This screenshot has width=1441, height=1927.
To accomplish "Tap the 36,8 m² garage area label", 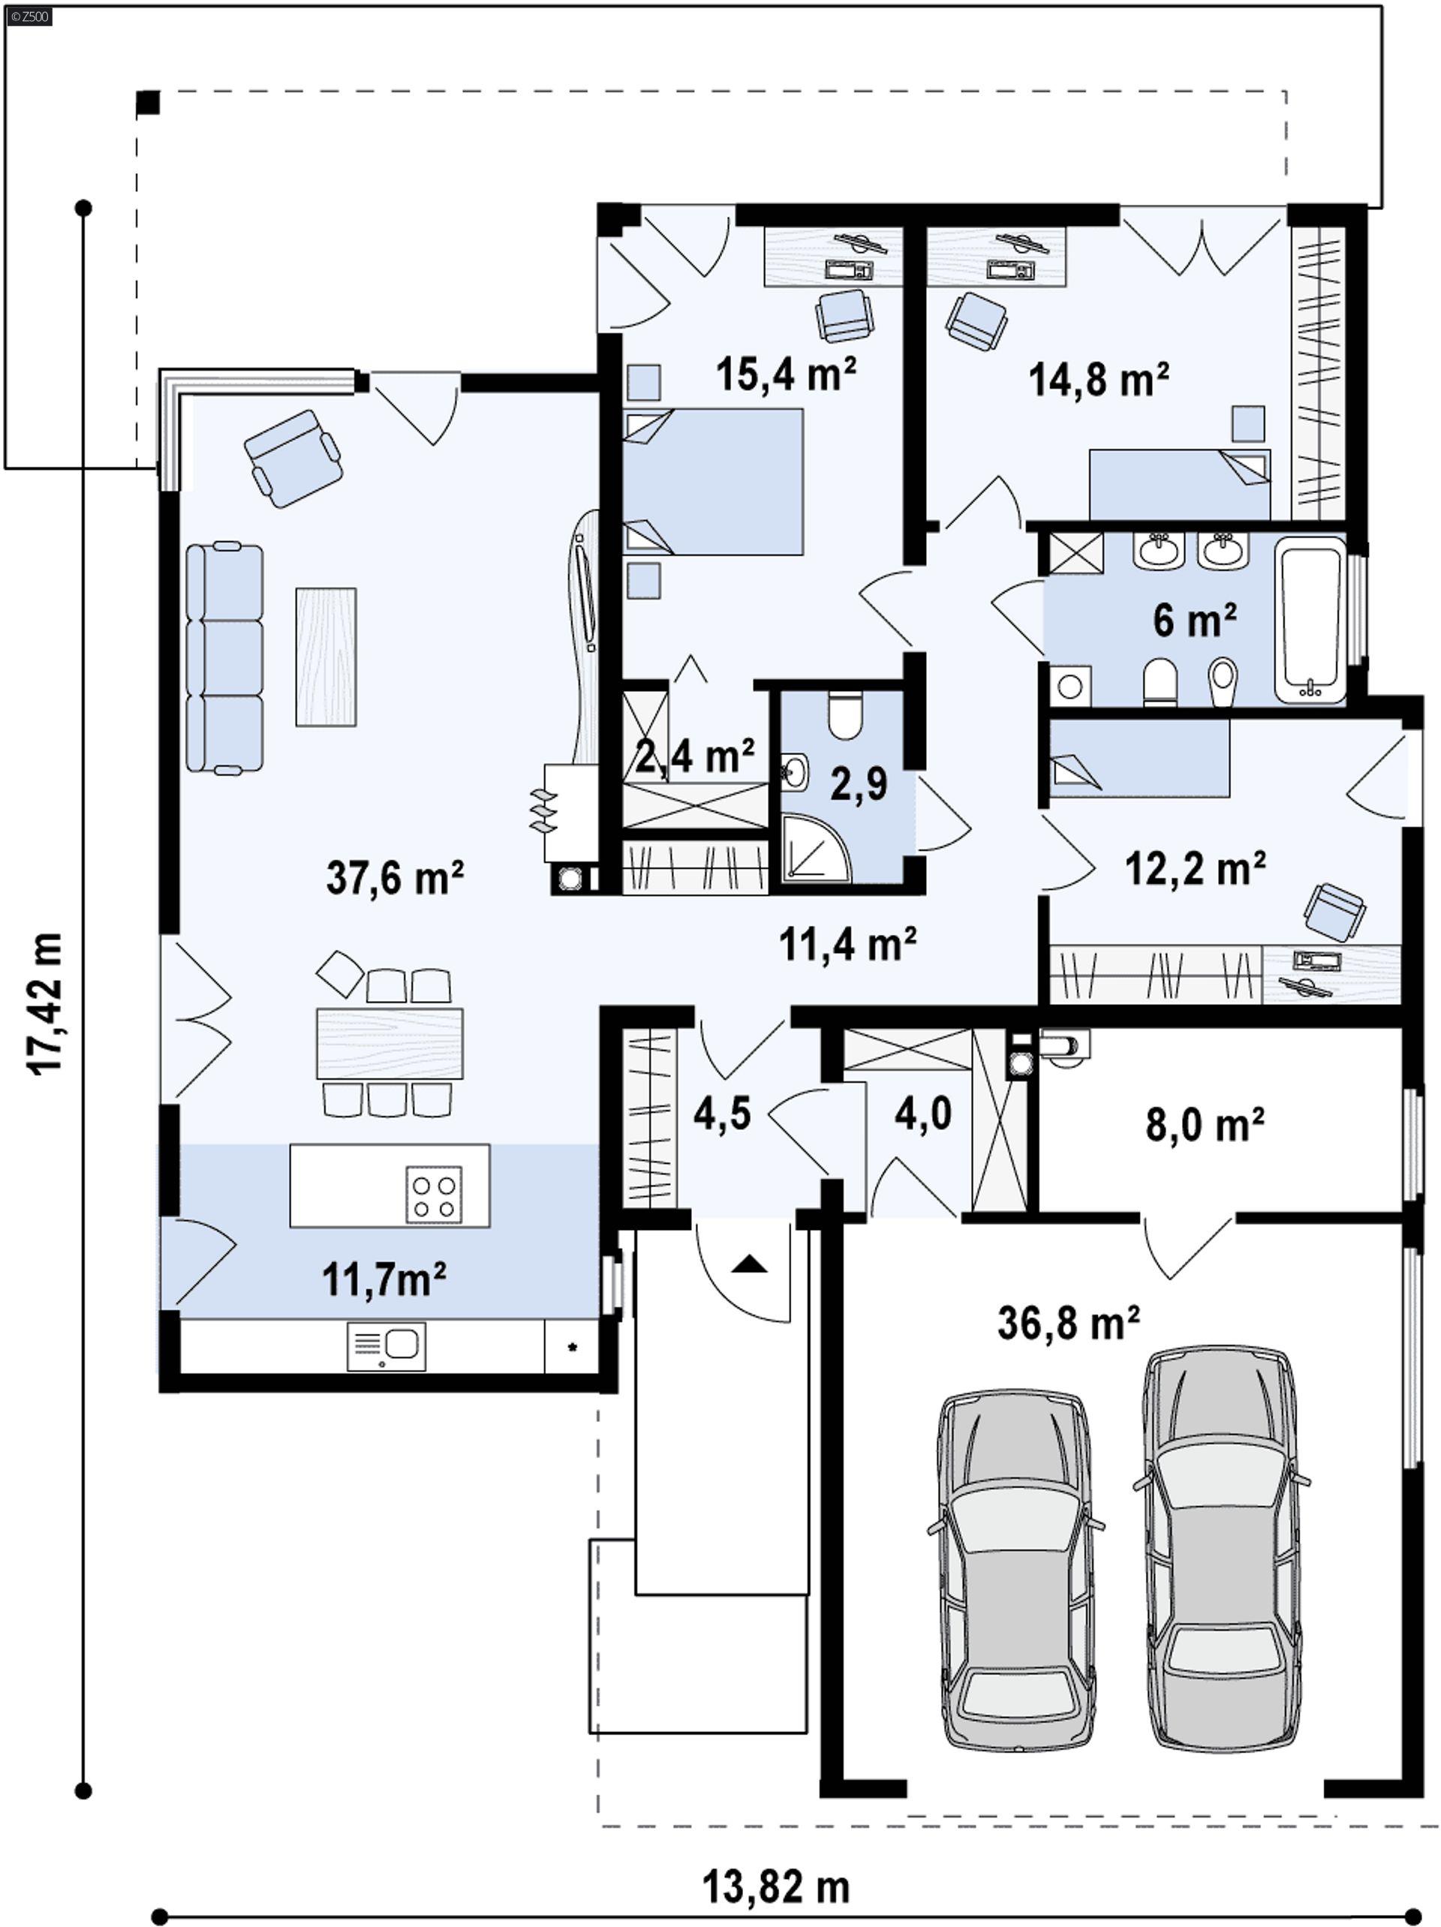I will pos(1068,1322).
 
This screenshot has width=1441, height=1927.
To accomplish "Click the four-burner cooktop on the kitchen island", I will pos(433,1196).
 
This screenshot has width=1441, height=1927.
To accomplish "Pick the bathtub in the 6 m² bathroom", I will pos(1310,619).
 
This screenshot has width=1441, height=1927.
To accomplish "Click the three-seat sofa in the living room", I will pos(224,658).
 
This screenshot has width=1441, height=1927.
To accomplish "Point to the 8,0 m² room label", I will pos(1204,1125).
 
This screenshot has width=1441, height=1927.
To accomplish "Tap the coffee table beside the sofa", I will pos(326,657).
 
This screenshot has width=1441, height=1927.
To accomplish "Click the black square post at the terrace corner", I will pos(148,103).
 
